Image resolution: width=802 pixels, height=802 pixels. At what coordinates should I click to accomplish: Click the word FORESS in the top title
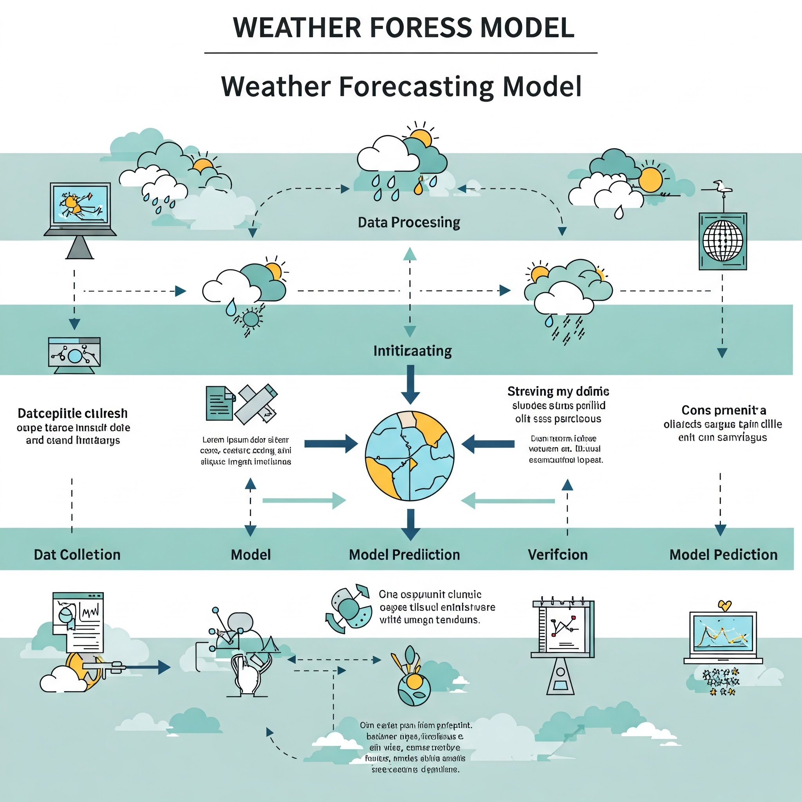(421, 28)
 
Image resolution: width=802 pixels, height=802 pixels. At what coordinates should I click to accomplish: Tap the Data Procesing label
(409, 222)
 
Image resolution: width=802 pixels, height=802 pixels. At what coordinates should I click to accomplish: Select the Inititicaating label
(412, 351)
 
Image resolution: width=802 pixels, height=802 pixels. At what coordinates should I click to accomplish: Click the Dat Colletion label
(77, 555)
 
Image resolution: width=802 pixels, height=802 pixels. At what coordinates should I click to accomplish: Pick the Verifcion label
(558, 555)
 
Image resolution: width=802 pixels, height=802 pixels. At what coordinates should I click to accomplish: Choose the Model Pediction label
(723, 555)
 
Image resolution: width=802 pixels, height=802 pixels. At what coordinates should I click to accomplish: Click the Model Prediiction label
(404, 555)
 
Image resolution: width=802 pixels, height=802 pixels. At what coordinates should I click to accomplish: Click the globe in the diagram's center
(410, 456)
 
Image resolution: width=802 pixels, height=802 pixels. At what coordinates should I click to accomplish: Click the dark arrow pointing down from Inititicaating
(410, 385)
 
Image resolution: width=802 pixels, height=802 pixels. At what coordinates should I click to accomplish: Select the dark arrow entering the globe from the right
(488, 444)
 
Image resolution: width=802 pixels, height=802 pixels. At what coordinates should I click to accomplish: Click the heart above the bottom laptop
(725, 606)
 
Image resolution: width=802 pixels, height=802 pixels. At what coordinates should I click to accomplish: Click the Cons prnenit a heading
(724, 410)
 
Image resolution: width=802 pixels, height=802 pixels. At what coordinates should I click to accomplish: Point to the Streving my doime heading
(558, 392)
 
